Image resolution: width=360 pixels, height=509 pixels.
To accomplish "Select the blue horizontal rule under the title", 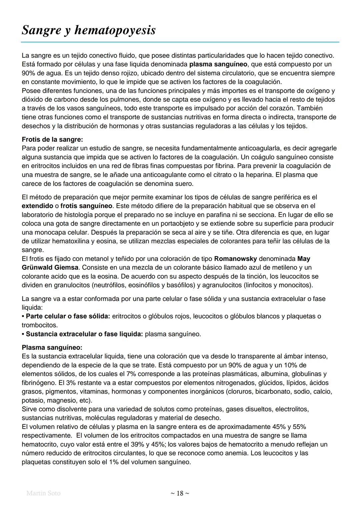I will (180, 42).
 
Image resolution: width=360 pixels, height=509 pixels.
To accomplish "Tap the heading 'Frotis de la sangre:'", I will (52, 139).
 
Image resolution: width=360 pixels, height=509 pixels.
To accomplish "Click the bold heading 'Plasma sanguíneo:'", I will (52, 347).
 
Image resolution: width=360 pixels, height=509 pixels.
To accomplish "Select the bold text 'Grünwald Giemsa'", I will (50, 267).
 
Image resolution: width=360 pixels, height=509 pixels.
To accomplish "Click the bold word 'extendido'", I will (37, 206).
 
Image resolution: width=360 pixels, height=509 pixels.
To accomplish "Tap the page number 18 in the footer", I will (180, 493).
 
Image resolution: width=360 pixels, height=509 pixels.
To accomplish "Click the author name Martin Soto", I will (43, 493).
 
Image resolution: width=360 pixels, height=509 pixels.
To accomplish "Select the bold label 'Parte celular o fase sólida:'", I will (68, 316).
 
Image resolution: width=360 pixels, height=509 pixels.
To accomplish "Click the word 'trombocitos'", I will (39, 325).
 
